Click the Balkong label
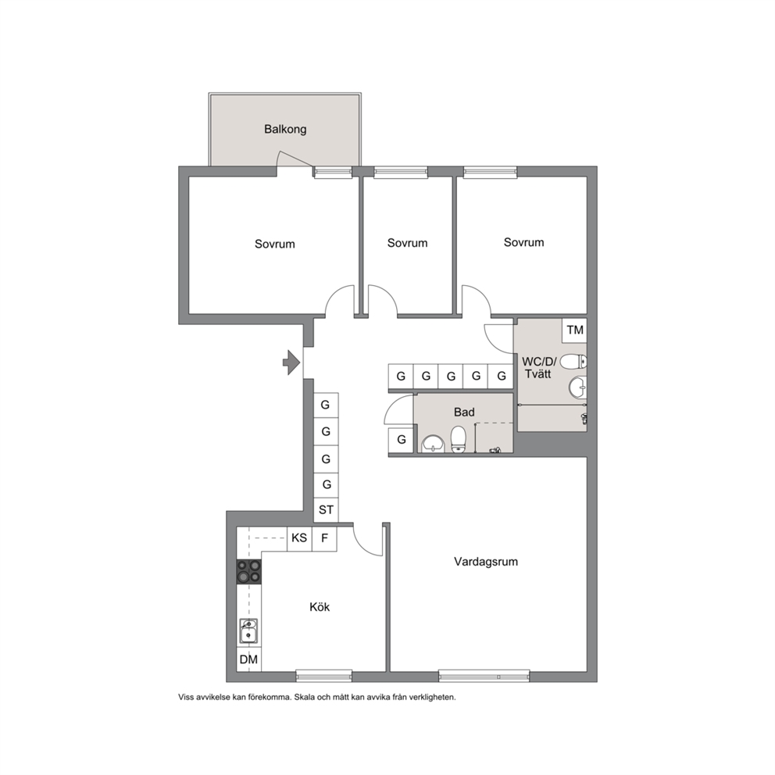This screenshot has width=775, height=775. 285,130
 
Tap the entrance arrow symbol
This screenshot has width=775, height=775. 291,362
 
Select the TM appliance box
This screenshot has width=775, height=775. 575,330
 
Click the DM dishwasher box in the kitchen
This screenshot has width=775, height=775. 248,659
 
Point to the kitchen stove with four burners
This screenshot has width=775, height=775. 249,571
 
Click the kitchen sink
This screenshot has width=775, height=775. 248,630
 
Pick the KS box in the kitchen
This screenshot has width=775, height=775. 299,538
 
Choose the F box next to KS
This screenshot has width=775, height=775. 325,538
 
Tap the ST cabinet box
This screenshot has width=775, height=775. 327,509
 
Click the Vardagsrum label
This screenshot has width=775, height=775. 486,562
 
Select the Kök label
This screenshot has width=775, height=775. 320,607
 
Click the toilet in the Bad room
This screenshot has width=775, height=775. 458,439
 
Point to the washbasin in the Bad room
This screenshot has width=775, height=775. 434,443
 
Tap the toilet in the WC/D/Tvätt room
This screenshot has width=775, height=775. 573,361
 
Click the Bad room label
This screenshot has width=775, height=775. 464,412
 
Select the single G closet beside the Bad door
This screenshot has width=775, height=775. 401,439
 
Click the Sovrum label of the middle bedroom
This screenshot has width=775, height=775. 407,243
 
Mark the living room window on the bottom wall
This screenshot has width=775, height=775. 484,676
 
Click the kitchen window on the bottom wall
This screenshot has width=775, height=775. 323,676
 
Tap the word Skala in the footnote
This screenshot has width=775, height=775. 304,698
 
